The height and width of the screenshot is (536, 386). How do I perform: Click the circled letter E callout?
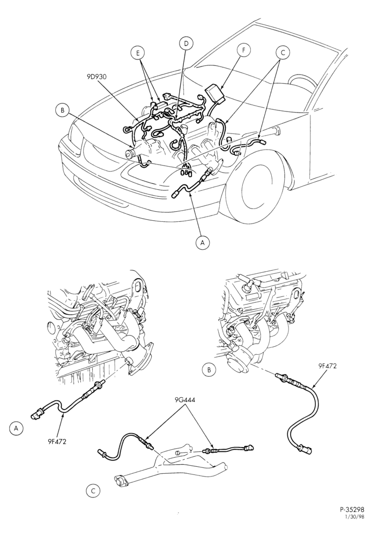tap(138, 53)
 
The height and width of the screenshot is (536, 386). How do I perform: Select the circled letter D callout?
tap(186, 43)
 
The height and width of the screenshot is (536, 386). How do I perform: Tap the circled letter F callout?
tap(244, 50)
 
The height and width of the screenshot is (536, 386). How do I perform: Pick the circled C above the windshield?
tap(283, 53)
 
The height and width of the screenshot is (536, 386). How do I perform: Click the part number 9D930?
tap(96, 77)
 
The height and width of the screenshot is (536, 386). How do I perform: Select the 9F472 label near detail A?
tap(57, 441)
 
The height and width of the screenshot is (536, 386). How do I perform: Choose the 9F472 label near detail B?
tap(327, 366)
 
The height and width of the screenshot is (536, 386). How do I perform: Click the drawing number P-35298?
tap(352, 518)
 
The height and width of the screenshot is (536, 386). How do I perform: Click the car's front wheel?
tap(257, 191)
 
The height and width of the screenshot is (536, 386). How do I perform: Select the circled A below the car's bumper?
tap(203, 242)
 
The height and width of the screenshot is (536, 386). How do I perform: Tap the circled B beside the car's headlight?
tap(62, 110)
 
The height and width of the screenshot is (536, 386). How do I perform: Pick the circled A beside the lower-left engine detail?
tap(16, 428)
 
